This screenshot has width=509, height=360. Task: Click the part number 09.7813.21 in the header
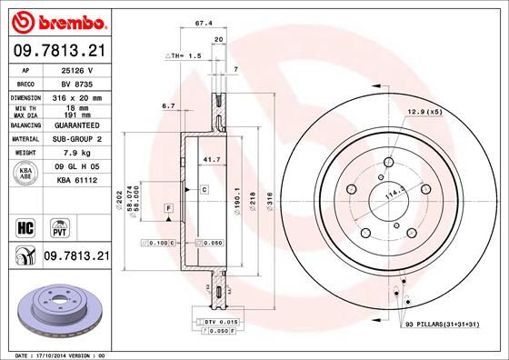click(x=60, y=51)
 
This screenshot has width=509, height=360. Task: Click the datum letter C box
click(x=205, y=189)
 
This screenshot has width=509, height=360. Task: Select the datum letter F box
click(x=168, y=209)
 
